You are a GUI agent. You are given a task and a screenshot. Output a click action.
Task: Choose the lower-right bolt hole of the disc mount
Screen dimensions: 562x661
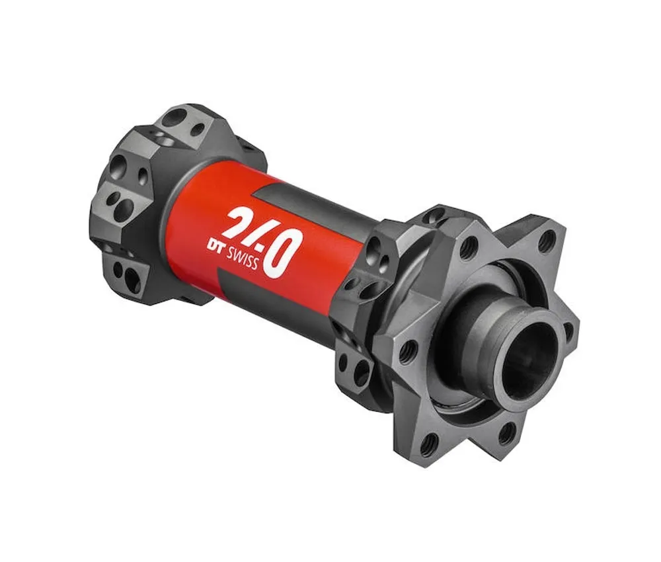[x=508, y=433]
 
